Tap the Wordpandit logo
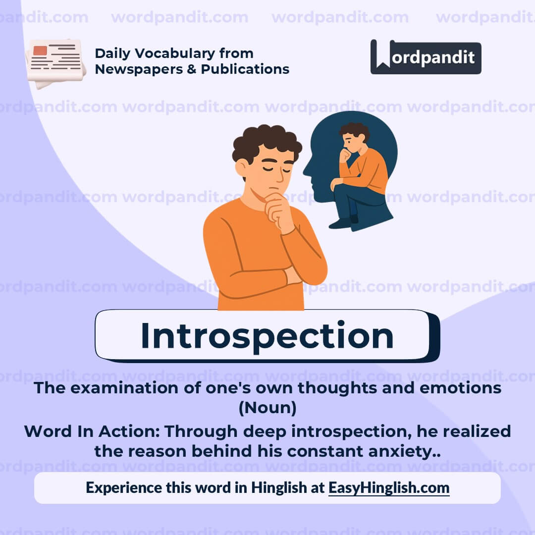(x=426, y=57)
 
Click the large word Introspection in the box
(x=267, y=336)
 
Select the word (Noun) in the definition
(x=267, y=408)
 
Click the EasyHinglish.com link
(x=389, y=487)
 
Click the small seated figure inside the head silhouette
(x=359, y=173)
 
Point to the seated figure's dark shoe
(x=341, y=223)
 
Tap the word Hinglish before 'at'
(x=279, y=487)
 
